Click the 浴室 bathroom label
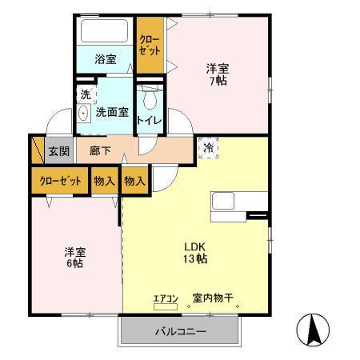click(x=106, y=58)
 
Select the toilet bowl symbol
click(x=148, y=99)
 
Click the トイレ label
click(x=149, y=121)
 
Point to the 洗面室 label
click(x=112, y=113)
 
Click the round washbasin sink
click(x=83, y=114)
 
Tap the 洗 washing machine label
click(x=85, y=94)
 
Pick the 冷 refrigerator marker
click(x=208, y=148)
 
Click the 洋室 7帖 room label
click(x=218, y=74)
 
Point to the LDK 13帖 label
click(x=197, y=252)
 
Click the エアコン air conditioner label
click(x=165, y=298)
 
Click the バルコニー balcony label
click(x=180, y=331)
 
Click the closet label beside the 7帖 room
click(x=149, y=44)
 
